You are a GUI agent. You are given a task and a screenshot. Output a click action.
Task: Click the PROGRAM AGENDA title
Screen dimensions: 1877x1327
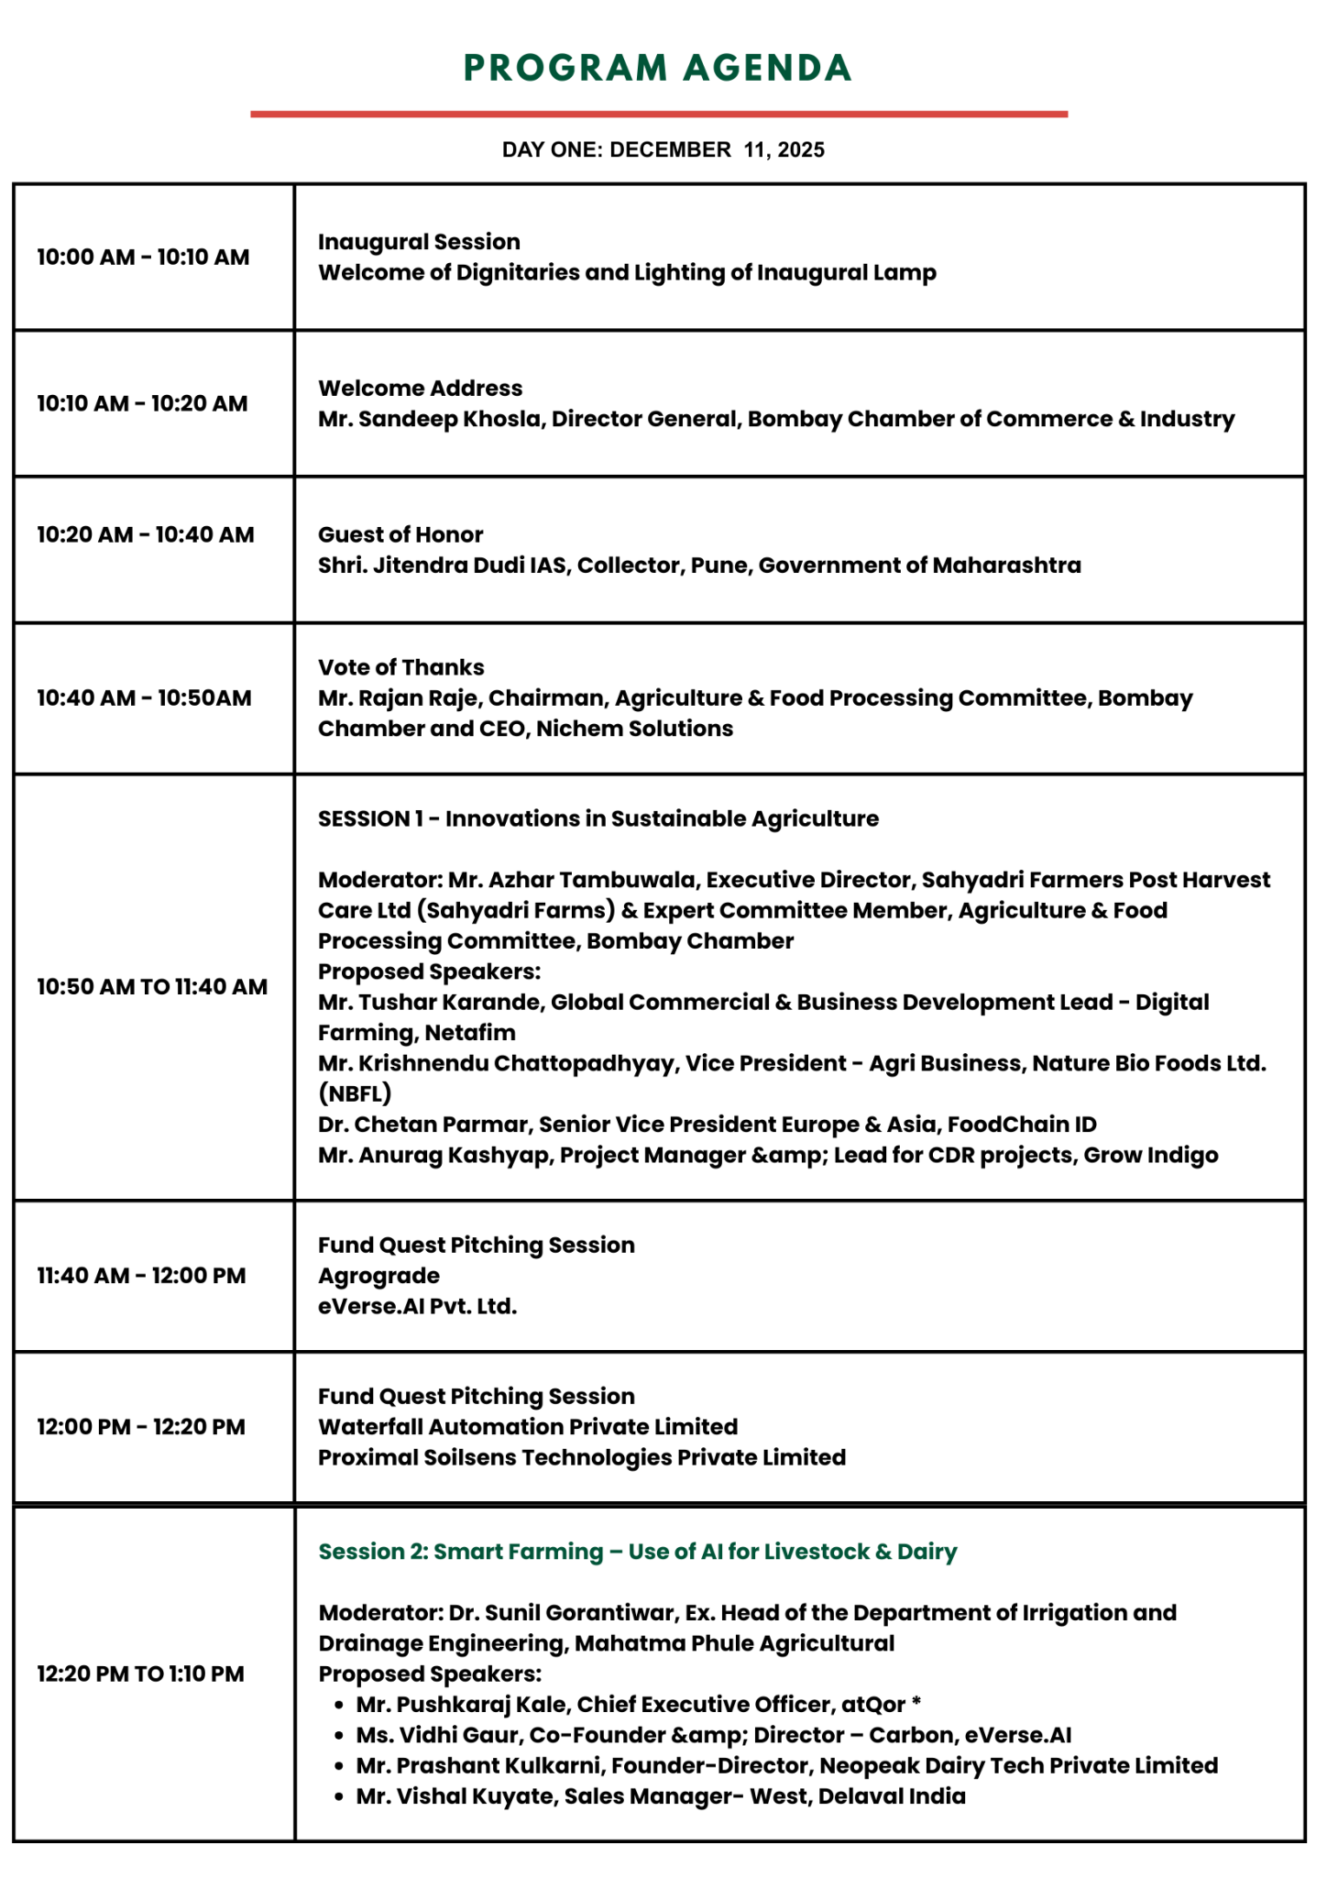(x=658, y=69)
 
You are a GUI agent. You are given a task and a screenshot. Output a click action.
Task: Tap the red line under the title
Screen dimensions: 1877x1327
(x=658, y=114)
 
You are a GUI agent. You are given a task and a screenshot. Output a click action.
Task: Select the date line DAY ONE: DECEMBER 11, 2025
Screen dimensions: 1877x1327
(x=663, y=149)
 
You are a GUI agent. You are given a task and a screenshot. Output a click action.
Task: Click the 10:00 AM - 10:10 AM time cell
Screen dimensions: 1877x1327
(x=143, y=257)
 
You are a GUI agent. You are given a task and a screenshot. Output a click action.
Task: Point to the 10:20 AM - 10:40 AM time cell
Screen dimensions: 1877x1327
(x=146, y=534)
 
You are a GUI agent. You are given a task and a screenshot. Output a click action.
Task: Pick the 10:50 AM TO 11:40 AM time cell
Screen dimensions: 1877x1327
(x=152, y=986)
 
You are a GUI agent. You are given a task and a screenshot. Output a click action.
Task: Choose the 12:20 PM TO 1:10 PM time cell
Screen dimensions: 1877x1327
(x=140, y=1674)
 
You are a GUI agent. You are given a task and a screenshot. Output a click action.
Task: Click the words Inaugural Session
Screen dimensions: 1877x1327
(x=419, y=242)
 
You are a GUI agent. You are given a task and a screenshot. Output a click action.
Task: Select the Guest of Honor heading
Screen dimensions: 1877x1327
(x=400, y=534)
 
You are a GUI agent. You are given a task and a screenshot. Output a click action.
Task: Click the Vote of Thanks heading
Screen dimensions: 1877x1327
(x=400, y=667)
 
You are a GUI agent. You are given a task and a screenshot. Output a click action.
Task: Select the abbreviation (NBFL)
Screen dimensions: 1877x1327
(x=355, y=1093)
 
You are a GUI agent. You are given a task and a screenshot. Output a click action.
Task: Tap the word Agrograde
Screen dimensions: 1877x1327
(x=378, y=1276)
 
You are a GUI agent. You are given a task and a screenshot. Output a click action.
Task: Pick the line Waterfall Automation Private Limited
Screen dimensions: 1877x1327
(x=528, y=1427)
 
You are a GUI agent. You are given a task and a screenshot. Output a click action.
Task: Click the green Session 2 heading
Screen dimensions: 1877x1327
(x=637, y=1552)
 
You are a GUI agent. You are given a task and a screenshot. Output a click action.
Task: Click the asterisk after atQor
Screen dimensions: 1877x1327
(x=916, y=1703)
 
